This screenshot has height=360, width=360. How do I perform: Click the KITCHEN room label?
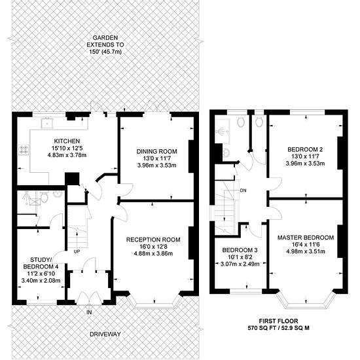[x=67, y=141]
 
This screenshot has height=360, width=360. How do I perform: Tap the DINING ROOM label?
[x=157, y=152]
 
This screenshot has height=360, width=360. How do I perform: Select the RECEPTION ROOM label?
[x=153, y=240]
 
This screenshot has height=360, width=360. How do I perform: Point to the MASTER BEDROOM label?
[x=306, y=238]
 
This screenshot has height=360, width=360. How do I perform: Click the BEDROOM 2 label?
[x=305, y=149]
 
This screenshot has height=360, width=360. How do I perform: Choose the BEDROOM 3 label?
[x=240, y=250]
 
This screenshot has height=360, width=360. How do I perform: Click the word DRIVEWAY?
[x=105, y=334]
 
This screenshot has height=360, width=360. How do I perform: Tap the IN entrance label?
[x=89, y=312]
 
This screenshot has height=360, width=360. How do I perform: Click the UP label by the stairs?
[x=77, y=251]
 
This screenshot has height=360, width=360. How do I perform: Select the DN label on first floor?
[x=243, y=190]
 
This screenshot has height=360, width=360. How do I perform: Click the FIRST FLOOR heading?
[x=278, y=321]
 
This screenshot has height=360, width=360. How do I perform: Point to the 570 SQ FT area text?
[x=261, y=328]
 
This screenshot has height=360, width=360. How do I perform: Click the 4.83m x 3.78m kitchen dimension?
[x=67, y=155]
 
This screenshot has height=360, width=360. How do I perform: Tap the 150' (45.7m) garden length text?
[x=105, y=52]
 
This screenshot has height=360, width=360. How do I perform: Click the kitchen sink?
[x=47, y=123]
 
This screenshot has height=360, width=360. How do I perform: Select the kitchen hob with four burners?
[x=24, y=149]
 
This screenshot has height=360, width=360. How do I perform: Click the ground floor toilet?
[x=44, y=197]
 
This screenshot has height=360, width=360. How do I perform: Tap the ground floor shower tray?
[x=33, y=198]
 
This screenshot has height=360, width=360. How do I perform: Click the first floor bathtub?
[x=223, y=132]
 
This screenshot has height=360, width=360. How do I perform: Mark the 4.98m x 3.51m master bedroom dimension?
[x=306, y=251]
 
